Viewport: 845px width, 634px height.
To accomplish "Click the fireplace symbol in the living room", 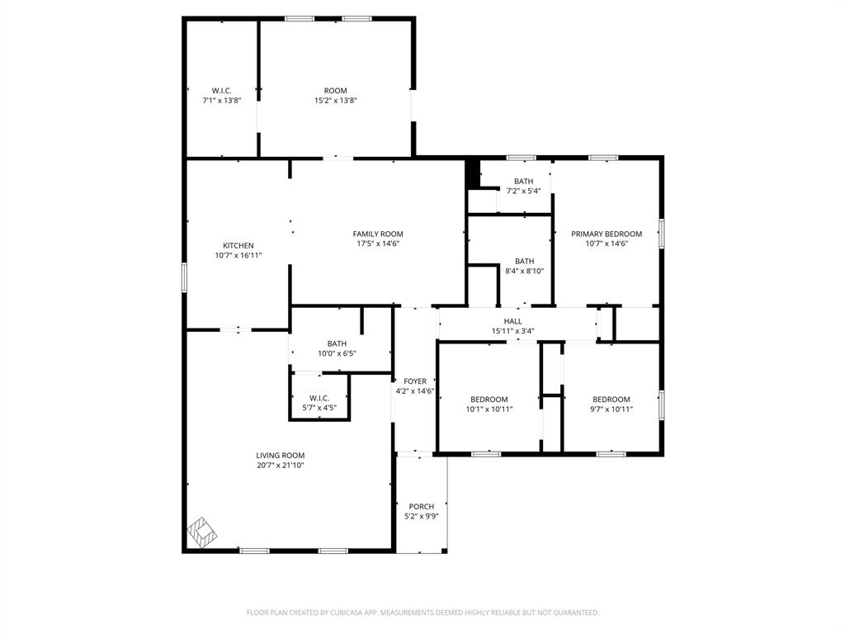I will point(202,532).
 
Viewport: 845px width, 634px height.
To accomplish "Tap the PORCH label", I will point(421,506).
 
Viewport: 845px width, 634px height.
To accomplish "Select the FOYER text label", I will point(415,381).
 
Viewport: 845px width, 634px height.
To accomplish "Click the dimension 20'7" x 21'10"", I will point(281,466).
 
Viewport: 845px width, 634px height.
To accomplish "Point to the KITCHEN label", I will point(238,245).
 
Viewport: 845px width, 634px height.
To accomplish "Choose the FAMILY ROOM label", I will point(378,234).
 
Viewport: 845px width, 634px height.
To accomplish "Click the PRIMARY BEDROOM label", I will point(607,234).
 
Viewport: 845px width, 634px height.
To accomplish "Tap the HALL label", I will point(513,321).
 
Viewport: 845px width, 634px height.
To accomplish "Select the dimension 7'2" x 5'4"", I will point(523,192).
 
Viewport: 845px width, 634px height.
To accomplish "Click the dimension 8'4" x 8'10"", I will point(524,271).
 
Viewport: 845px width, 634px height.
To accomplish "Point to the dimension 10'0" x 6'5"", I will point(337,354).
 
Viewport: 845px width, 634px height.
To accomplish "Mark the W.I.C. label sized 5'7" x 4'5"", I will point(319,398).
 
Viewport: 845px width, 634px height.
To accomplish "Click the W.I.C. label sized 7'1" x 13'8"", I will point(221,90).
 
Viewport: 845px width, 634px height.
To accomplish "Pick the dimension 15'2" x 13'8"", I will point(335,101).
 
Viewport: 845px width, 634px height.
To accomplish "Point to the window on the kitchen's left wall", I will point(185,276).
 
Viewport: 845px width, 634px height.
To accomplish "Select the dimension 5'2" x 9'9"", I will point(421,517).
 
